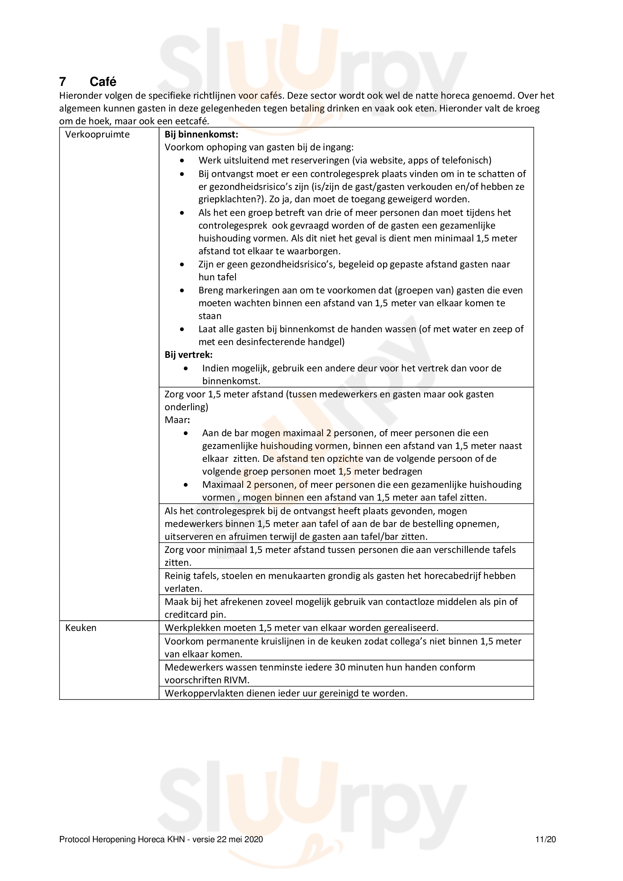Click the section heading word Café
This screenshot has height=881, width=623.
pyautogui.click(x=103, y=82)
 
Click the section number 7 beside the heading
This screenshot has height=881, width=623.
pyautogui.click(x=63, y=82)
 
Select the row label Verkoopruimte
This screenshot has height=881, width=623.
pyautogui.click(x=98, y=135)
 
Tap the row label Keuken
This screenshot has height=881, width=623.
pyautogui.click(x=81, y=628)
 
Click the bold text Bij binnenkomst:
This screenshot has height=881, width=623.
pyautogui.click(x=202, y=135)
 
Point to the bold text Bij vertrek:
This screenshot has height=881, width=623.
pyautogui.click(x=188, y=354)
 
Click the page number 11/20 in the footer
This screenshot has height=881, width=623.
pyautogui.click(x=545, y=840)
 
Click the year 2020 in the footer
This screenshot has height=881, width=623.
pyautogui.click(x=254, y=840)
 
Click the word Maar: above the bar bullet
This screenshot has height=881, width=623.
pyautogui.click(x=177, y=420)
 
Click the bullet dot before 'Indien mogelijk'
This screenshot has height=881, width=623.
pyautogui.click(x=186, y=368)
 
